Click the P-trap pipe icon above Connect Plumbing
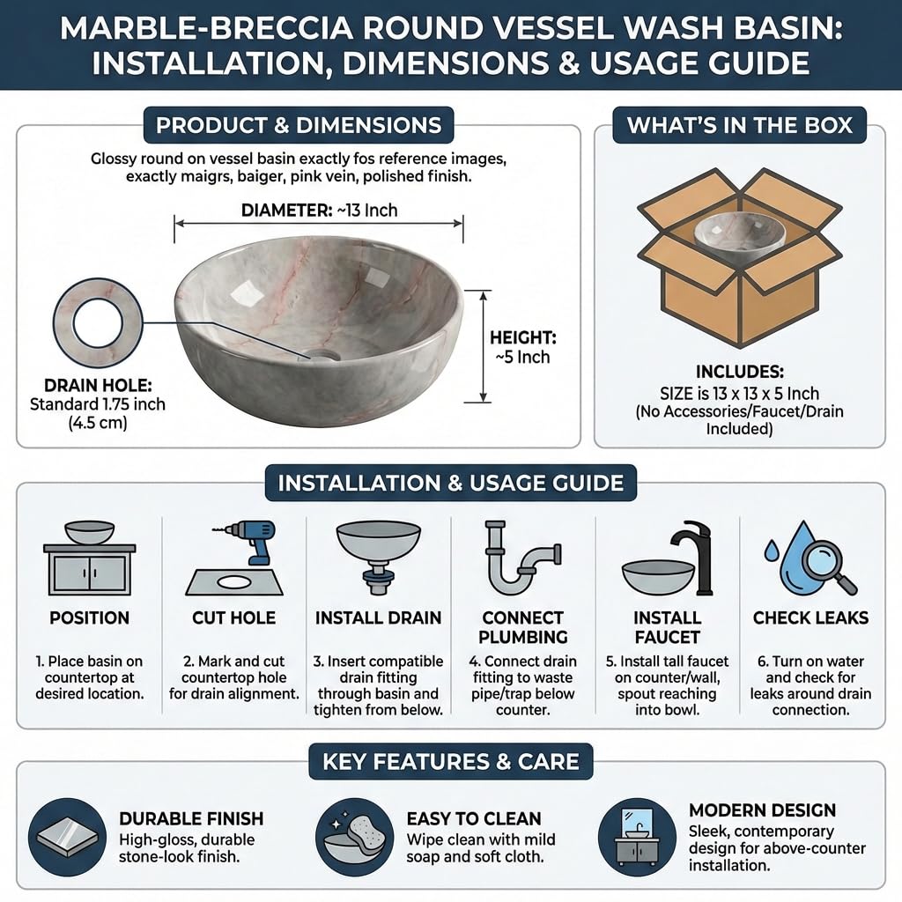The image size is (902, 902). (x=522, y=557)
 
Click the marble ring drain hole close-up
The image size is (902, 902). (x=98, y=322)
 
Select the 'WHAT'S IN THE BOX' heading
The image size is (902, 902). (x=739, y=125)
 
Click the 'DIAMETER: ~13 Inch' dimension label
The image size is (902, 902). (x=319, y=210)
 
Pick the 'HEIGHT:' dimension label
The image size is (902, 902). (x=523, y=337)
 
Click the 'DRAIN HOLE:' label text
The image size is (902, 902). (x=98, y=385)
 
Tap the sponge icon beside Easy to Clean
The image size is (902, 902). (x=354, y=837)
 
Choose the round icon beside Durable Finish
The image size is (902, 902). (x=67, y=837)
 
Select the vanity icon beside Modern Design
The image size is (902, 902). (x=637, y=837)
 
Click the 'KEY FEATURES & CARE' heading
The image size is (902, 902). (x=451, y=762)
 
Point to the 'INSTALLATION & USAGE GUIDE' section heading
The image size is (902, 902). (x=451, y=483)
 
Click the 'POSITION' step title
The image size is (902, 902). (x=89, y=617)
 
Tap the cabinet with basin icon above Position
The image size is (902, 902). (x=90, y=558)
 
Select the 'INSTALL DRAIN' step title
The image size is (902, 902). (x=378, y=617)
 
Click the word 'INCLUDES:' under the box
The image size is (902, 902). (x=739, y=372)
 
